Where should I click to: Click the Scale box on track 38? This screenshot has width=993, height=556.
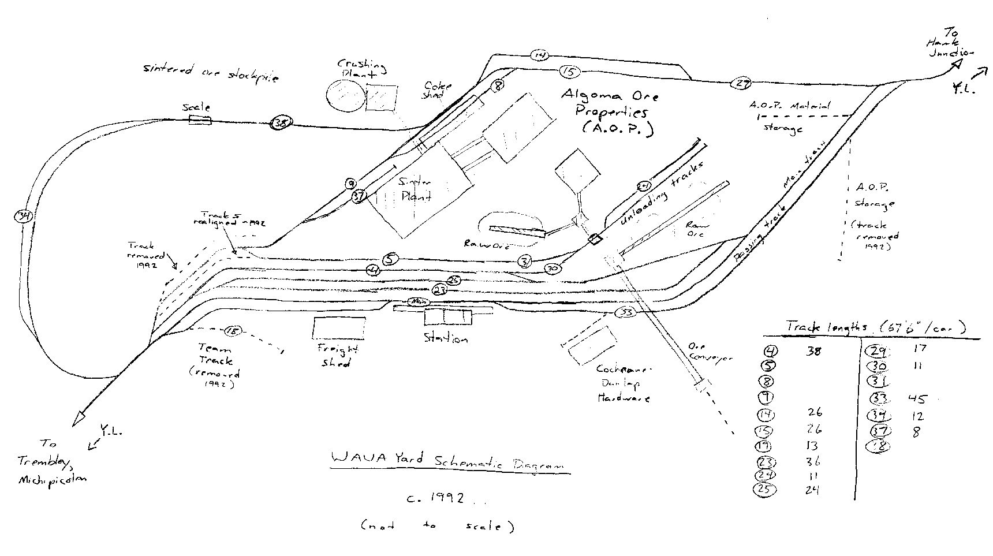[200, 120]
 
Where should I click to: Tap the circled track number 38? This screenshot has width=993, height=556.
[281, 123]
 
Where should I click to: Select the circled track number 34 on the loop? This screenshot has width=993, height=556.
[24, 217]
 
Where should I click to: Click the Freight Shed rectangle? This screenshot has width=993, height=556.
[339, 328]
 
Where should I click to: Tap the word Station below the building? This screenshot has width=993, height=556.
[445, 338]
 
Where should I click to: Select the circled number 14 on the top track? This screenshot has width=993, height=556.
[540, 55]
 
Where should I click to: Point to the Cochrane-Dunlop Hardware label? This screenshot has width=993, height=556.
[624, 383]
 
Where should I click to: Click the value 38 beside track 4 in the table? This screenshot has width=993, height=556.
[813, 350]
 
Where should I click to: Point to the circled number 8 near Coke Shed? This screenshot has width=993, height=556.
[498, 87]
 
